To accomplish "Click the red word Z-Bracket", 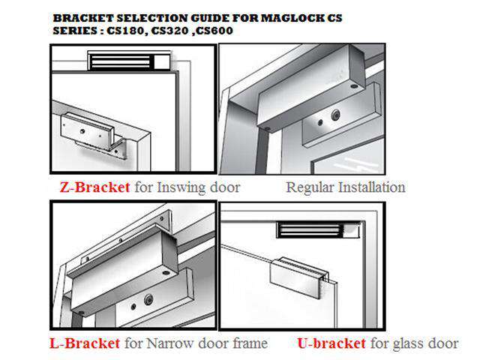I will [x=93, y=187].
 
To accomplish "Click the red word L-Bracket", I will [x=84, y=343].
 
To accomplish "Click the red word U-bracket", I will [x=331, y=343].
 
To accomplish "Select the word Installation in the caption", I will [x=373, y=187].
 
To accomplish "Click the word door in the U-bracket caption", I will [x=442, y=343].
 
